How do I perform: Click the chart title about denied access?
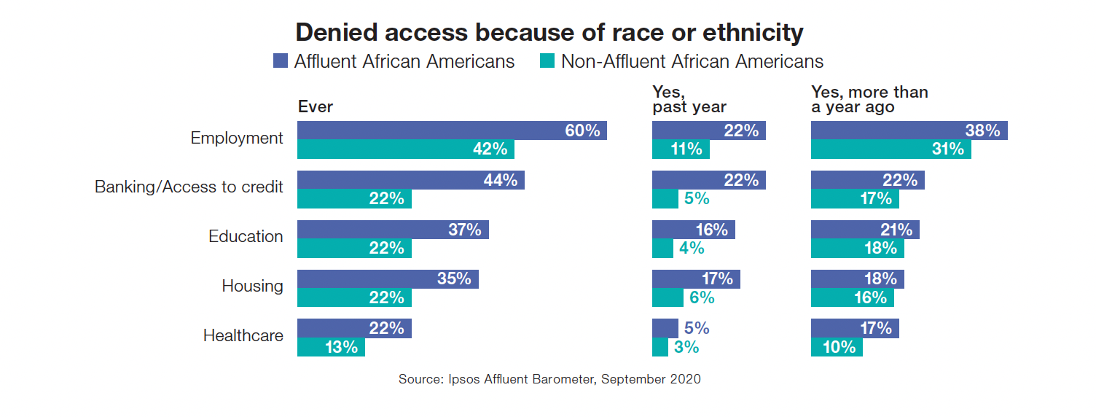549,32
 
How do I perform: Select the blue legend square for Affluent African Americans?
280,61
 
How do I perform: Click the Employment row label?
237,138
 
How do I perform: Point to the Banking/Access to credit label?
189,187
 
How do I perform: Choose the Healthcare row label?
243,335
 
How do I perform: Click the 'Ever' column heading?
315,106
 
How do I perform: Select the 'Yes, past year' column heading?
689,99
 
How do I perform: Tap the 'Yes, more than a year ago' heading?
869,99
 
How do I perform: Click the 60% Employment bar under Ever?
452,130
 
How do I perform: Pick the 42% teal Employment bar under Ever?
405,149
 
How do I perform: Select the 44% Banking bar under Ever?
410,180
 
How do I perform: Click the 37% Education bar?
393,230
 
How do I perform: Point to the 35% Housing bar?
388,279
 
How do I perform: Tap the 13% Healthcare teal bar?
331,348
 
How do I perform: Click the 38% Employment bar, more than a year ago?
909,130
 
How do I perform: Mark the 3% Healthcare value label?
686,348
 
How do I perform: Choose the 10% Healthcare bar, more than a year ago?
837,348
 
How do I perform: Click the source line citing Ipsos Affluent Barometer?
549,379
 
